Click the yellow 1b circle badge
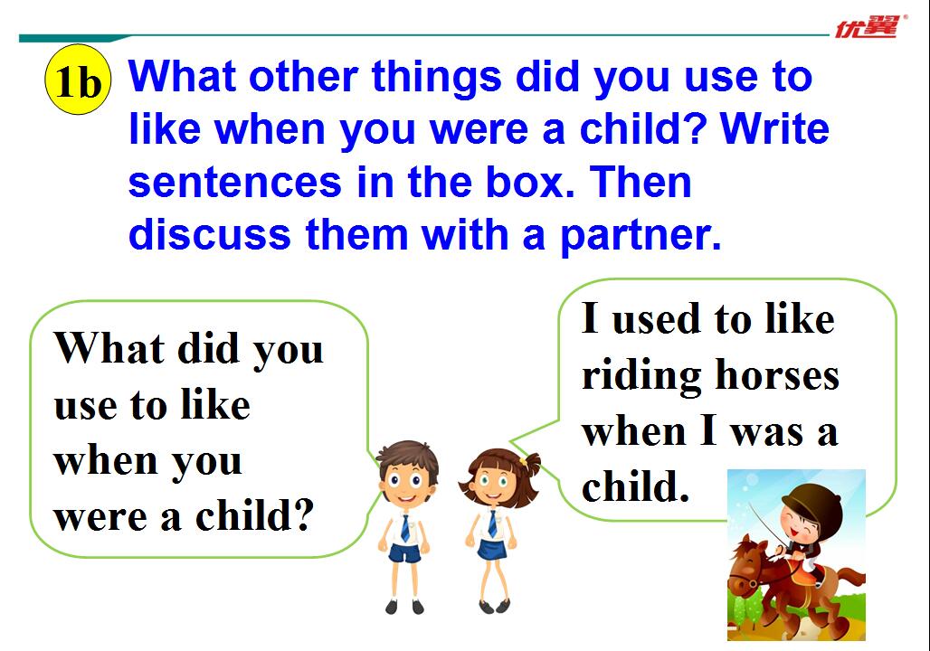coord(78,80)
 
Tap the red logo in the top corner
coord(868,27)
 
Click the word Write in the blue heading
coord(774,128)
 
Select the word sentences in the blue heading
coord(235,182)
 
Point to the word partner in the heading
coord(640,236)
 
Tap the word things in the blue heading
coord(437,79)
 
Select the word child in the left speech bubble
coord(254,514)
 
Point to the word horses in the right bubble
coord(777,375)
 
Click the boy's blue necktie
coord(405,527)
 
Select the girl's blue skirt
coord(492,550)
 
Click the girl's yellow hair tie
coord(524,461)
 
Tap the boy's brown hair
coord(408,457)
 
